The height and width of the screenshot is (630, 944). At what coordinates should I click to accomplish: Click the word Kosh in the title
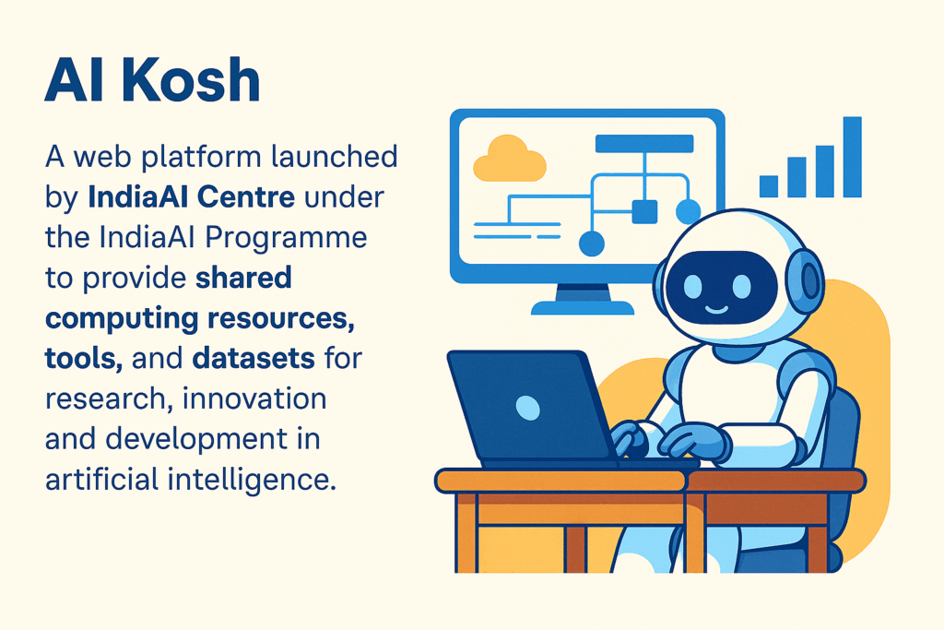point(194,79)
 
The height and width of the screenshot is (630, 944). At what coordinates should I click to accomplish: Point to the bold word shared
point(243,278)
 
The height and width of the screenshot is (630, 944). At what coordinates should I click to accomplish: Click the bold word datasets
point(254,359)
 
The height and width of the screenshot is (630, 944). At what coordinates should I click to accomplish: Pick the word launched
point(334,157)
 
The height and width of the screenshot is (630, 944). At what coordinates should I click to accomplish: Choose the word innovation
point(254,398)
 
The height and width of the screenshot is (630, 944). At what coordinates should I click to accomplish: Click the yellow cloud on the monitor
point(509,159)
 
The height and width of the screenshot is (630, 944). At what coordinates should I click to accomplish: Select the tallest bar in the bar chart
point(853,157)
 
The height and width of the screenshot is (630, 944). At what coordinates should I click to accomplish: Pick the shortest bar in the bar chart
point(769,186)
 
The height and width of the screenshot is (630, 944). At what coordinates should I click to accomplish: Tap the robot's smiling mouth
point(716,310)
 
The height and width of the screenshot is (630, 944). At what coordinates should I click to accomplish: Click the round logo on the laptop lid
point(528,408)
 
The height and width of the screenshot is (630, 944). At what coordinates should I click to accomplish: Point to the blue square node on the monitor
point(644,211)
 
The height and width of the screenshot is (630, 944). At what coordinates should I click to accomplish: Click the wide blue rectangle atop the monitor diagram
point(644,143)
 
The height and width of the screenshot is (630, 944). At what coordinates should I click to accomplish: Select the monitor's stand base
point(583,307)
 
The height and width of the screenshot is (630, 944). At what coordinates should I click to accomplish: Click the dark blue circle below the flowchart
point(591,244)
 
